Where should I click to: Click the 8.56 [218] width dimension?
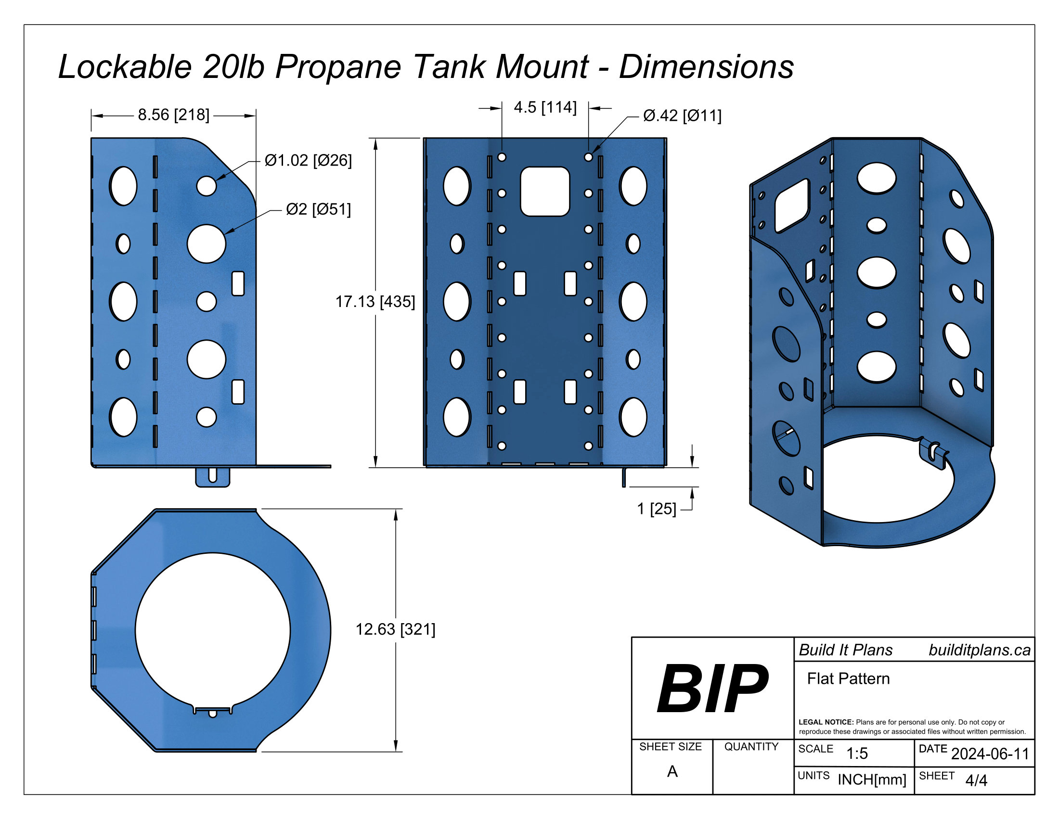(x=174, y=115)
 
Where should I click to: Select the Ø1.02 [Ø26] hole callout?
(x=308, y=160)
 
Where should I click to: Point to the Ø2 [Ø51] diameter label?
(x=318, y=209)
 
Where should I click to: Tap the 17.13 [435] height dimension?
(x=375, y=301)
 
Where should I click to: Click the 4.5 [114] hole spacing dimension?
(x=545, y=107)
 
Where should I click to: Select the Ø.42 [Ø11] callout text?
(x=682, y=116)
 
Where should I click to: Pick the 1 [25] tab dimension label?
(x=656, y=509)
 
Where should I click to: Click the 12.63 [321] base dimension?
(x=395, y=629)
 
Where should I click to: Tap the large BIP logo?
(x=712, y=688)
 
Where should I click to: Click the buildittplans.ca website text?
(x=979, y=650)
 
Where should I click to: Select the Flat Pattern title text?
(x=848, y=678)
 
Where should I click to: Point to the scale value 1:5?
(x=857, y=753)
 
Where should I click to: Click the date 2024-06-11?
(x=990, y=754)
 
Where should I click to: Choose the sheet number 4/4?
(x=976, y=780)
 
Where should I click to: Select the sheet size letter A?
(x=672, y=771)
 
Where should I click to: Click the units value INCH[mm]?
(x=871, y=779)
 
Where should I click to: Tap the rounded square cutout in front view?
(x=544, y=192)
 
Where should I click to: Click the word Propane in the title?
(x=338, y=66)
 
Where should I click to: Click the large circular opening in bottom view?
(x=212, y=630)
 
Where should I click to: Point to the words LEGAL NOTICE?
(x=826, y=722)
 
